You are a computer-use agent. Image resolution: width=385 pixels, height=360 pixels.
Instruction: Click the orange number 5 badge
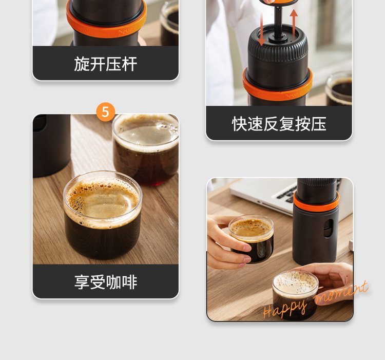[105, 112]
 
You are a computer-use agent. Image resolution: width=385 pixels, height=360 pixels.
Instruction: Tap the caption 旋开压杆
[106, 64]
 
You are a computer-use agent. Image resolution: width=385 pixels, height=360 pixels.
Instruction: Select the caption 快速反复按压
[279, 124]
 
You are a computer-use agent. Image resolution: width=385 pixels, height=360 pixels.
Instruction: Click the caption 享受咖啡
[106, 282]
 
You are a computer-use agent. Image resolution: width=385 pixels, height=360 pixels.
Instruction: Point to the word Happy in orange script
[285, 308]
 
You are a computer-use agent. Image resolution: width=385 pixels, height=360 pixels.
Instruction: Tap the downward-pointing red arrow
[261, 29]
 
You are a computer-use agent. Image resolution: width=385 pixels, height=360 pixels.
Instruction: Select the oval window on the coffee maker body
[329, 228]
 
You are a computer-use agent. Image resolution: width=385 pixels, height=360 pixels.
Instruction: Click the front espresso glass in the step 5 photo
[103, 215]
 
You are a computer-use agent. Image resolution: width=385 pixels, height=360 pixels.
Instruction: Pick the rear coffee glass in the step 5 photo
[146, 149]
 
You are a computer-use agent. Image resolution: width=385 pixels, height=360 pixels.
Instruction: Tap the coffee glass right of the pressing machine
[339, 88]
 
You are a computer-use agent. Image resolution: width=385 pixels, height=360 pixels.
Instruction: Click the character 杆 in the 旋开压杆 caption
[129, 64]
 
